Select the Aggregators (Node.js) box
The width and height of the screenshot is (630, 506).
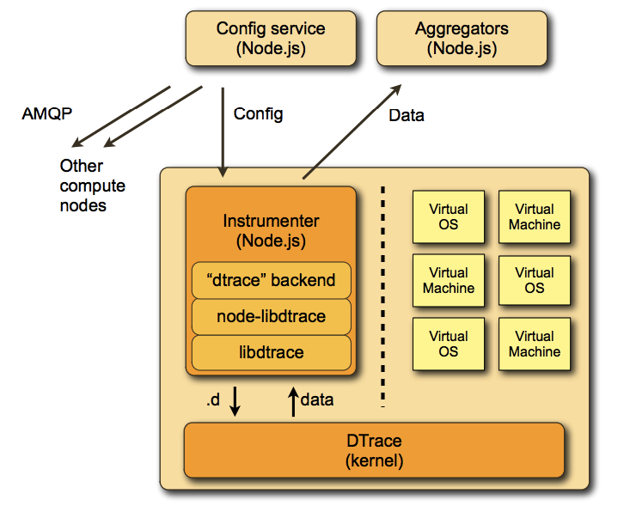[x=462, y=39]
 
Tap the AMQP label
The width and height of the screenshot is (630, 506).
[x=46, y=113]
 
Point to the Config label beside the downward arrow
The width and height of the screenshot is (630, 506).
[x=258, y=113]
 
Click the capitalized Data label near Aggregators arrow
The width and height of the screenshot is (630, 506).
[x=407, y=115]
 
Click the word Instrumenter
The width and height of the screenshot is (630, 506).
[x=271, y=222]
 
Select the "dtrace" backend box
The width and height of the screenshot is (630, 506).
[x=271, y=280]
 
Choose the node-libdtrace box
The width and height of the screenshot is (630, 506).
[x=271, y=316]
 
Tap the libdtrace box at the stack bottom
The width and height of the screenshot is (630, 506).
[x=271, y=352]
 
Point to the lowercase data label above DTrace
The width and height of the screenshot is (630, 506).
[x=317, y=399]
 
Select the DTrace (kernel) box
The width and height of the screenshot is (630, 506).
[x=374, y=450]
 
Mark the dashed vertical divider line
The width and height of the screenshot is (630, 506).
[x=382, y=292]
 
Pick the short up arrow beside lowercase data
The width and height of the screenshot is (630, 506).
[x=292, y=401]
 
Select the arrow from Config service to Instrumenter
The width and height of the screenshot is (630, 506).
[x=223, y=129]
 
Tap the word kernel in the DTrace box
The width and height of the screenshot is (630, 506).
[x=374, y=460]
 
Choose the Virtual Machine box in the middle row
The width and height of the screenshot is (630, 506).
[x=449, y=280]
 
